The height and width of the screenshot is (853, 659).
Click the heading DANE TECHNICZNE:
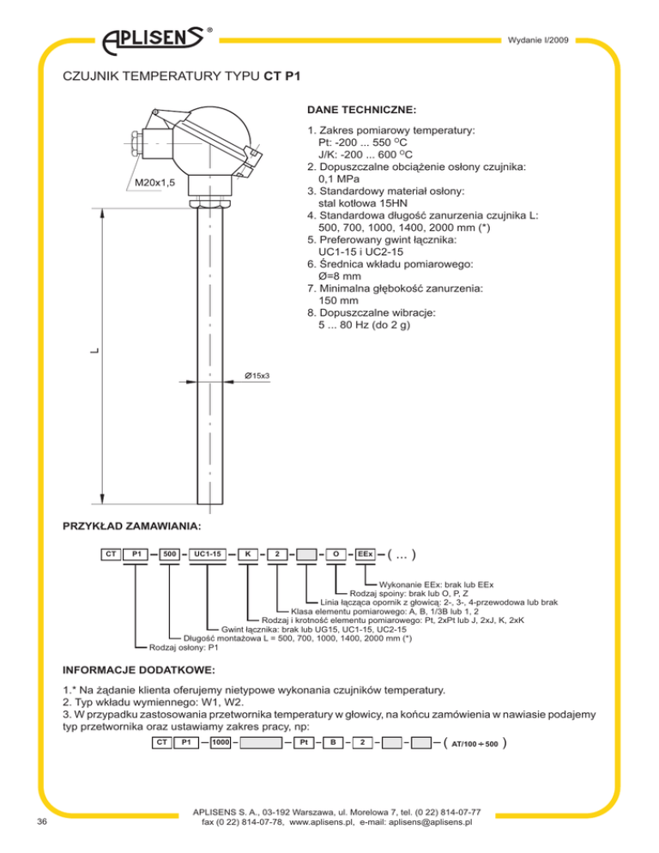tap(361, 110)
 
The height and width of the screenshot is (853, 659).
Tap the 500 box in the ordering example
tap(170, 554)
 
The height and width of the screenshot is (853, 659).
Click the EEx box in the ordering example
tap(365, 554)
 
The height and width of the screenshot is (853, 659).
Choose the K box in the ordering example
tap(248, 554)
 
